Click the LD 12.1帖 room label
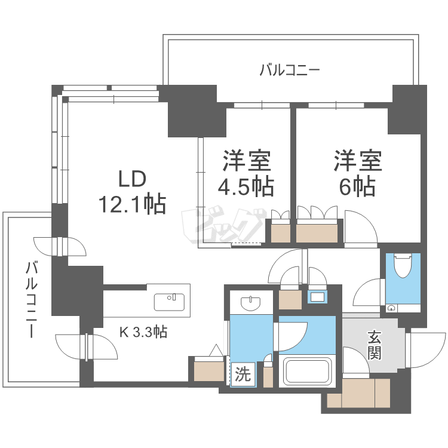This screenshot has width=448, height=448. click(x=132, y=192)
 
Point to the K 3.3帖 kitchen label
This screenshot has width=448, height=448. click(x=143, y=332)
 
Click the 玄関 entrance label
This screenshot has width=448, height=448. click(x=375, y=345)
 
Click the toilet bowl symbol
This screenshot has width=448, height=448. click(x=403, y=266)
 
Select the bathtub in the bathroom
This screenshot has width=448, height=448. click(x=307, y=372)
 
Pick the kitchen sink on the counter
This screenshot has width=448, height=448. click(x=169, y=302)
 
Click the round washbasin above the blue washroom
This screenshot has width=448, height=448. click(x=251, y=303)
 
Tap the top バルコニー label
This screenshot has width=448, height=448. click(x=290, y=70)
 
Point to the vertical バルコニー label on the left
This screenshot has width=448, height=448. click(x=32, y=299)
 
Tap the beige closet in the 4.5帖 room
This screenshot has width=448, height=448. click(x=281, y=234)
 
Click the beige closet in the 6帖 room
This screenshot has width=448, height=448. click(x=317, y=234)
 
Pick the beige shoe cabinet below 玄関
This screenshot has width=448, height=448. click(x=358, y=393)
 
